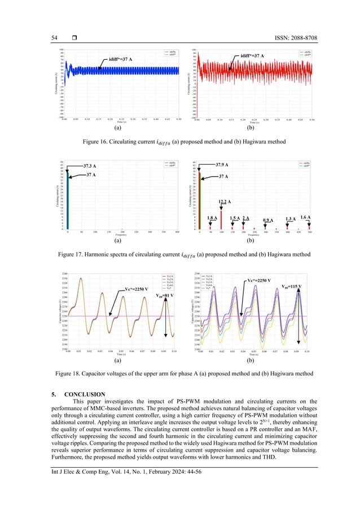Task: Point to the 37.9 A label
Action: (x=226, y=165)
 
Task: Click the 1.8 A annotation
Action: (x=212, y=218)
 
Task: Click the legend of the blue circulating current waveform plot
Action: (x=170, y=52)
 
